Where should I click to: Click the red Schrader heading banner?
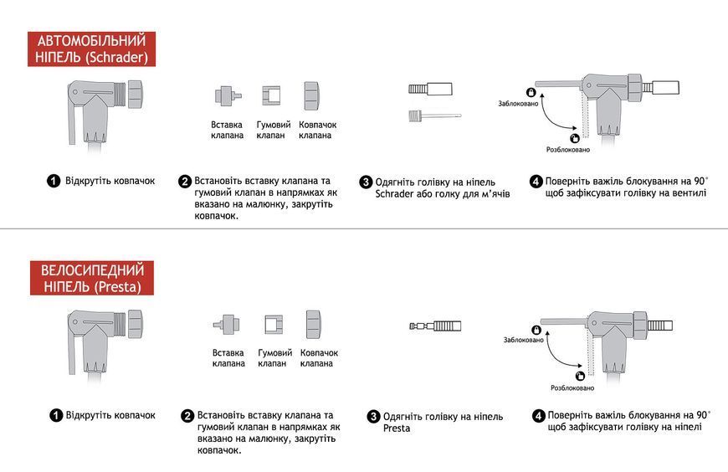[91, 49]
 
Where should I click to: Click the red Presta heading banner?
[92, 278]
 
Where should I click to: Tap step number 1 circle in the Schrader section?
[54, 181]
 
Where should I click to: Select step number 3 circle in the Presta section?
[373, 416]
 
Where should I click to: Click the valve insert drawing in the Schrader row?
[228, 95]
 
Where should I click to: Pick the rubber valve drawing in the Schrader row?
[271, 95]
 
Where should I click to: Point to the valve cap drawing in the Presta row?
[315, 324]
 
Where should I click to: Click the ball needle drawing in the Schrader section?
[434, 115]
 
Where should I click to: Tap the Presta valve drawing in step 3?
[435, 326]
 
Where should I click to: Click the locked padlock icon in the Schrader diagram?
[531, 92]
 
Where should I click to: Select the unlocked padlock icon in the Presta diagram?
[580, 376]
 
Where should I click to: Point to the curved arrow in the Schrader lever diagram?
[554, 118]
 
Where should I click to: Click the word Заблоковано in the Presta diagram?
[523, 340]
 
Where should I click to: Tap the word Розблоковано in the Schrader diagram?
[568, 150]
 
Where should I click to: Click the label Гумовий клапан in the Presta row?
[274, 358]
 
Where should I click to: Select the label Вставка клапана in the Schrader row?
[227, 130]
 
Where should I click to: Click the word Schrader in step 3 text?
[394, 193]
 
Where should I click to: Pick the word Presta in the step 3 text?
[397, 428]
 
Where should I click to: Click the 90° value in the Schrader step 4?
[701, 181]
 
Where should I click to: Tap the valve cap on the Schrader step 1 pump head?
[135, 95]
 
